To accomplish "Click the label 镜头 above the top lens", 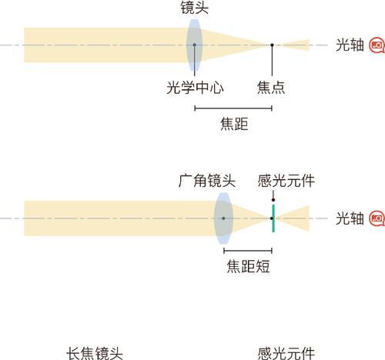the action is coord(194,8).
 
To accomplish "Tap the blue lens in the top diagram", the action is coord(194,45).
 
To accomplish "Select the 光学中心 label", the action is coord(195,88).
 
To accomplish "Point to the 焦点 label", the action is coord(271,88).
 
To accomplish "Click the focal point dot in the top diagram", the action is coord(272,45).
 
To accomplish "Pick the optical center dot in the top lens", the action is coord(195,45).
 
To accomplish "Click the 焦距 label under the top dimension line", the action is coord(234,124).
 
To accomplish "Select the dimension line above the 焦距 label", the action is coord(233,108).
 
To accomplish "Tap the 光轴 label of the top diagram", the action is coord(350,45).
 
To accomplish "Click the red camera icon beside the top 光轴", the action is coord(377,45).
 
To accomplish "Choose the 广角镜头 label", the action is coord(207,181).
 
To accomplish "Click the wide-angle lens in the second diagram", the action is coord(223,218).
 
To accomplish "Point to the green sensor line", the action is coord(273,218).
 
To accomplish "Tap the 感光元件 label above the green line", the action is coord(286,181).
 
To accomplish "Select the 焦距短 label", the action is coord(248,266).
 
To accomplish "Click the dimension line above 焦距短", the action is coord(248,251).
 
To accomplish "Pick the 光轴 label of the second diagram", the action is coord(350,218).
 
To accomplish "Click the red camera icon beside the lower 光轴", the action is coord(377,218).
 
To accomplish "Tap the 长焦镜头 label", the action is coord(95,353).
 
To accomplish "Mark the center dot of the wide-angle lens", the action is coord(223,218).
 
